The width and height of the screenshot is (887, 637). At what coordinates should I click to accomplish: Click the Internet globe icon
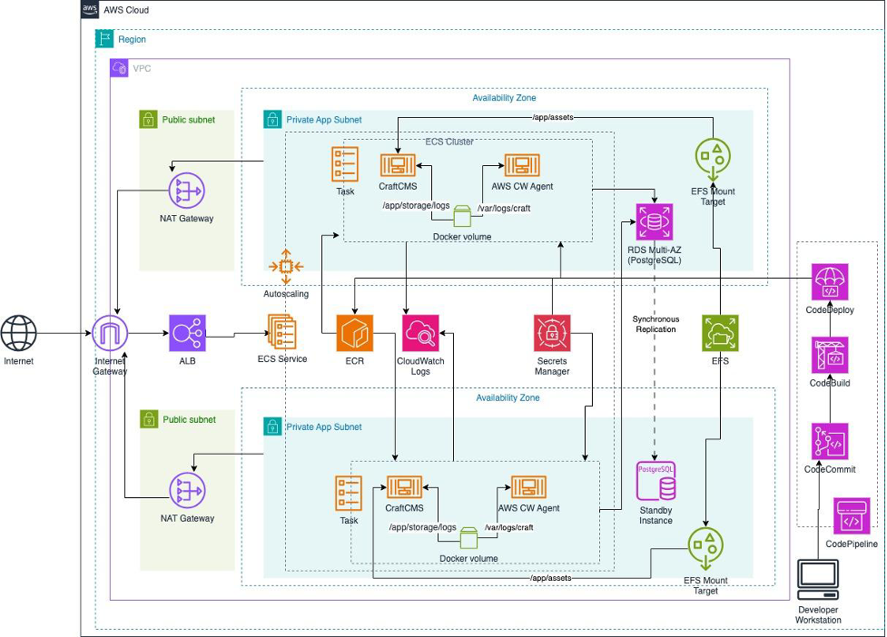pyautogui.click(x=19, y=332)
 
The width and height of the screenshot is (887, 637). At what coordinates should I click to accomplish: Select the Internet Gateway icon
pyautogui.click(x=110, y=334)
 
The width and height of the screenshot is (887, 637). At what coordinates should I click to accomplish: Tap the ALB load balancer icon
pyautogui.click(x=187, y=333)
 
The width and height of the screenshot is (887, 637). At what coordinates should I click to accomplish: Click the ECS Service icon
pyautogui.click(x=281, y=332)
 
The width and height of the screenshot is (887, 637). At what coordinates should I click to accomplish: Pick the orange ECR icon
pyautogui.click(x=355, y=333)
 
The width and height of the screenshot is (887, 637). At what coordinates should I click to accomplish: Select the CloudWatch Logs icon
pyautogui.click(x=420, y=333)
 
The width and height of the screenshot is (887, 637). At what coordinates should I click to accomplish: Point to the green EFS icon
pyautogui.click(x=721, y=333)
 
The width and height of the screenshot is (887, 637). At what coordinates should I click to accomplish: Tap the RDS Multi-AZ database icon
pyautogui.click(x=655, y=221)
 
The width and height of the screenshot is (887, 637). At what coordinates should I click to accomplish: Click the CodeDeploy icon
pyautogui.click(x=831, y=281)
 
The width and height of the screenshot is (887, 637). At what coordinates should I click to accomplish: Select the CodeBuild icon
pyautogui.click(x=831, y=356)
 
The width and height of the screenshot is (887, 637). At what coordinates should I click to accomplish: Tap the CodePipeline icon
pyautogui.click(x=852, y=515)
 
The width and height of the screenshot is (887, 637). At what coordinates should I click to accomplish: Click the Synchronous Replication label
pyautogui.click(x=655, y=324)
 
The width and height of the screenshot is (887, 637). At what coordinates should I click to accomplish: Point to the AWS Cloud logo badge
pyautogui.click(x=90, y=10)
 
